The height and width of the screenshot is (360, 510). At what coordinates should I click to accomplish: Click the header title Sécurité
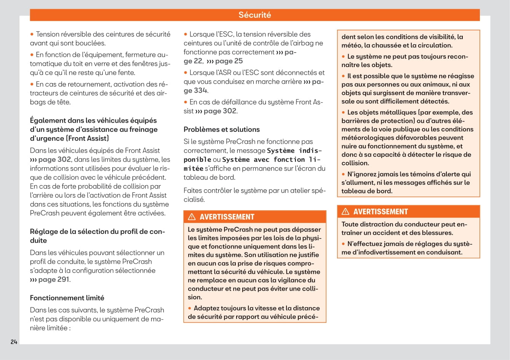[254, 15]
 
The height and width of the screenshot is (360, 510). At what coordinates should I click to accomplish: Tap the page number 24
[14, 342]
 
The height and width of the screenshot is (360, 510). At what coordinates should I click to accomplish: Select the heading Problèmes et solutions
[222, 129]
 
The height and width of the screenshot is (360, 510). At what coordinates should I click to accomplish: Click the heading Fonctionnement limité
[67, 298]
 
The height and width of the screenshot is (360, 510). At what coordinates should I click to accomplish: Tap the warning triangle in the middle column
[192, 217]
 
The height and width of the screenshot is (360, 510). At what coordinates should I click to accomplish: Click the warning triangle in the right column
[345, 211]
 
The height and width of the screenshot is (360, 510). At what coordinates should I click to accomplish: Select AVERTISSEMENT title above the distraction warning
[381, 211]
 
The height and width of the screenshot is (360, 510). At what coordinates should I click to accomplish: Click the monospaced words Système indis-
[294, 150]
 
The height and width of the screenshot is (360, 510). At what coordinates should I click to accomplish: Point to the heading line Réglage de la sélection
[97, 231]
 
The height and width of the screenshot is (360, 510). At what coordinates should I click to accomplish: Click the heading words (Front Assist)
[88, 138]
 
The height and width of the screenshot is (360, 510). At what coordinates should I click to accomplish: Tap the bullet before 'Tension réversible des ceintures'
[32, 34]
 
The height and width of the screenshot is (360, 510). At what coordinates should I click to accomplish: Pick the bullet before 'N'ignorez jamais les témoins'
[344, 174]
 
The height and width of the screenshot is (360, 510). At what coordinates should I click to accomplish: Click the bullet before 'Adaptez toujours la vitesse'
[190, 308]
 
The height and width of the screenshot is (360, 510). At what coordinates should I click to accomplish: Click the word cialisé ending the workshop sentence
[194, 199]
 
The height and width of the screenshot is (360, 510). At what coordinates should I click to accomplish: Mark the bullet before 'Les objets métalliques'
[344, 112]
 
